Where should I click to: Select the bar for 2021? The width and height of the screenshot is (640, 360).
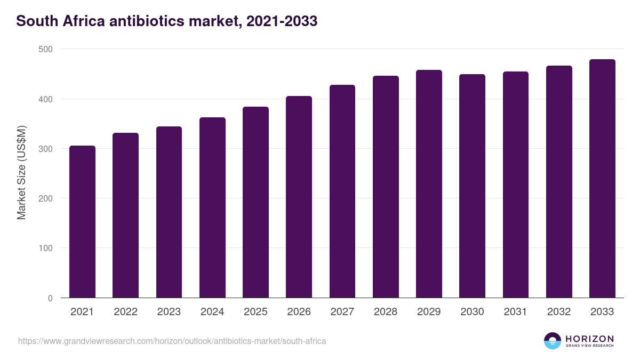coord(82,222)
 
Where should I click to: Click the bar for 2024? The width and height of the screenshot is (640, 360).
coord(212,208)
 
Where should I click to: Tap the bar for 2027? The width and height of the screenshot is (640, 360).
coord(342,191)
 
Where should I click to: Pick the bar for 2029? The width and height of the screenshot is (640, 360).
coord(429,184)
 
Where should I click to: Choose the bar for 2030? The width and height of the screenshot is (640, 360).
coord(472,186)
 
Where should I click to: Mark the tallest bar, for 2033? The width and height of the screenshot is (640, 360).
coord(602,179)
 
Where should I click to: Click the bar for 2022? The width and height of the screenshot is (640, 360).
coord(125,215)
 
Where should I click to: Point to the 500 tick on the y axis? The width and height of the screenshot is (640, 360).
coord(46,49)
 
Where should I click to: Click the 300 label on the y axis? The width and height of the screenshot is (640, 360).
coord(46,149)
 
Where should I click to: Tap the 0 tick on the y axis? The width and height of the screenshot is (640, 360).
coord(50,298)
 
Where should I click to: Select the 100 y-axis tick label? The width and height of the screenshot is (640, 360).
coord(46,249)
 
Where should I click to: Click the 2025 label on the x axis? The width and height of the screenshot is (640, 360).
coord(255,312)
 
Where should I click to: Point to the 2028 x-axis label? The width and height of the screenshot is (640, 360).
coord(386,312)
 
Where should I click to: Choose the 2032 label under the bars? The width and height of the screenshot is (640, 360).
coord(559,312)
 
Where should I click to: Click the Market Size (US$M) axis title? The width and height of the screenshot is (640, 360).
coord(21,172)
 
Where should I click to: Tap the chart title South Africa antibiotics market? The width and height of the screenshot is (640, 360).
coord(166,21)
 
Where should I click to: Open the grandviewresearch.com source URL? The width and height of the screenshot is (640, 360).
coord(172,341)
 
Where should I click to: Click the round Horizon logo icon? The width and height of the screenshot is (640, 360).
coord(553,341)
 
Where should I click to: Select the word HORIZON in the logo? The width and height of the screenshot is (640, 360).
coord(589,339)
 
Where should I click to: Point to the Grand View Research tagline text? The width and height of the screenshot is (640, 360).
coord(589,346)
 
